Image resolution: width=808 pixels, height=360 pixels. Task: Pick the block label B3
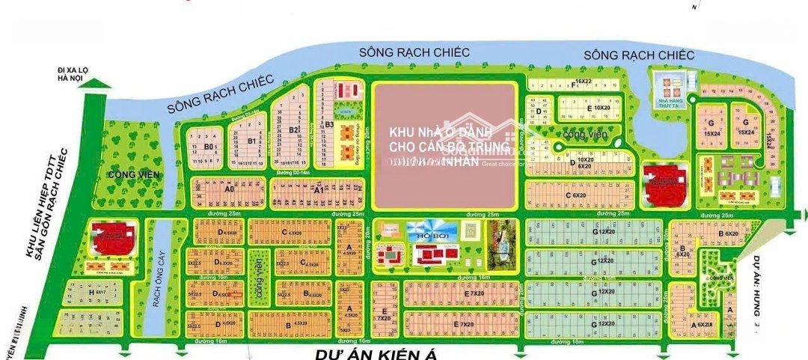point(328,124)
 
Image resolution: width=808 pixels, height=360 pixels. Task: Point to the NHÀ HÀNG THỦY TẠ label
point(669,107)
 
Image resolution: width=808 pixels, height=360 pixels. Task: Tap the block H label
point(91,292)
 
